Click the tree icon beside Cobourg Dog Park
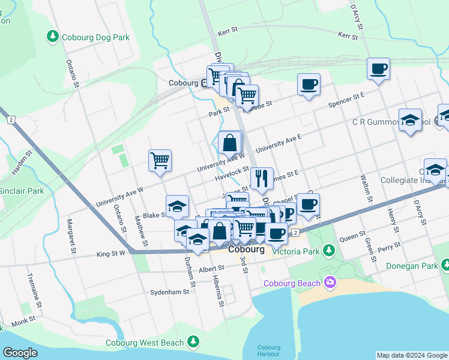[53, 37]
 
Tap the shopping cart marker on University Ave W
[160, 161]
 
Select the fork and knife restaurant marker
[262, 178]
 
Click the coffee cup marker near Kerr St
[379, 70]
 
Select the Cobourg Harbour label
[269, 351]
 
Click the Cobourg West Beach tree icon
[193, 342]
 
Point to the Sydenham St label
[170, 292]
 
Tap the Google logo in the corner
[20, 353]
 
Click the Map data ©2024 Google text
[411, 355]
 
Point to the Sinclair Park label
[22, 191]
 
